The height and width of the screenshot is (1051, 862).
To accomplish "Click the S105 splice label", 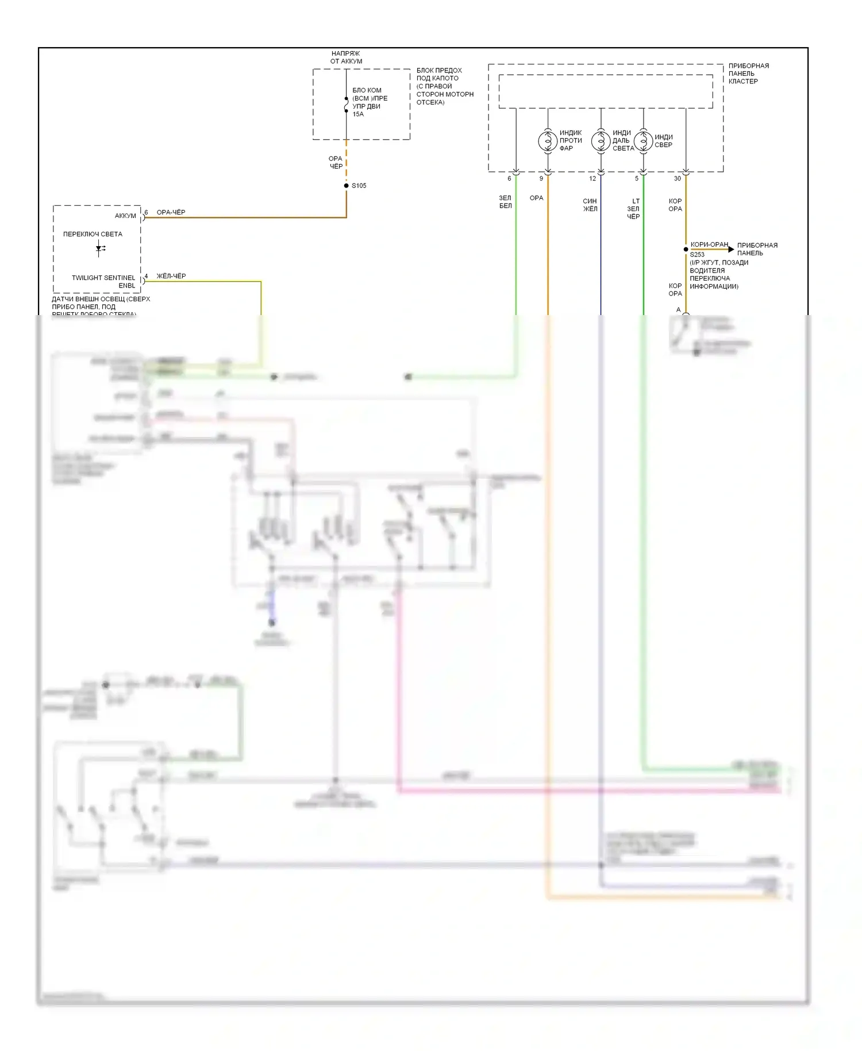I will click(359, 186).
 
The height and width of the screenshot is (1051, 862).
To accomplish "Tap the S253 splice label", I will click(697, 255).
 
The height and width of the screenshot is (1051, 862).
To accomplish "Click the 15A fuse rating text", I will click(358, 114).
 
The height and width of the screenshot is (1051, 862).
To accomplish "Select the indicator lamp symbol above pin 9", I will click(548, 140).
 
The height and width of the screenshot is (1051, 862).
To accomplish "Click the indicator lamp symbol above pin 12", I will click(601, 140).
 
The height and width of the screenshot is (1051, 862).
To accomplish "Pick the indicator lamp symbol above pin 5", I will click(643, 140).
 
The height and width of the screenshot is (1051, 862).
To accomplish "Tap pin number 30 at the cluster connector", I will click(678, 179).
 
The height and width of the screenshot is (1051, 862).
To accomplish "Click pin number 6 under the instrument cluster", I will click(509, 179).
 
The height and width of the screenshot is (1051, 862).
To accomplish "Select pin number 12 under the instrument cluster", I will click(592, 179).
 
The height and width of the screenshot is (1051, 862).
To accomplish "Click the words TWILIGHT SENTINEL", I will click(103, 278).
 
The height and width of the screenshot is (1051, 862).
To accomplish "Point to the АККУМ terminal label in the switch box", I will click(125, 216).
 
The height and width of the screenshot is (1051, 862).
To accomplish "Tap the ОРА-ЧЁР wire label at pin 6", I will click(171, 213).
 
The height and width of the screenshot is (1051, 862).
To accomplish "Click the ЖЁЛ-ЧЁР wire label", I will click(171, 277).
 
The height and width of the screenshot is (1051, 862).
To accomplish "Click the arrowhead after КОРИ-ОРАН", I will click(731, 250).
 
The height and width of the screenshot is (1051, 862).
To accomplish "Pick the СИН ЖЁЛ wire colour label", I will click(590, 205).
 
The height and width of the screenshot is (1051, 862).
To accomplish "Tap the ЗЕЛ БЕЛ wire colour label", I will click(505, 202).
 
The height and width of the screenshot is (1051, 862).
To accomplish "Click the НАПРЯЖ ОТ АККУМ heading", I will click(346, 57).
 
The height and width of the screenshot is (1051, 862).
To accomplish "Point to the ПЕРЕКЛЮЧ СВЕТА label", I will click(93, 235).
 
